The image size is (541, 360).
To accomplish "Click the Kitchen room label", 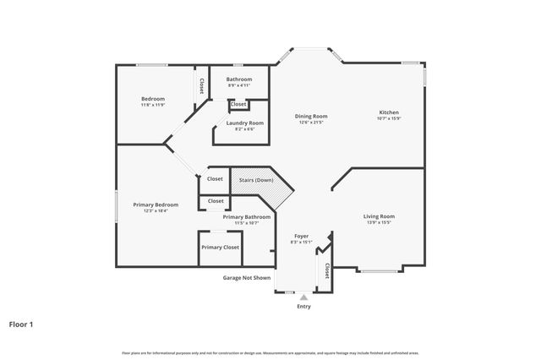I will pos(388,112).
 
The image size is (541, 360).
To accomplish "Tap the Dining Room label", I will pos(311,116).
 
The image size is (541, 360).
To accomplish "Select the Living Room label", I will pos(379,216).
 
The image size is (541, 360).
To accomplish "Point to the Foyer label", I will pos(301,236).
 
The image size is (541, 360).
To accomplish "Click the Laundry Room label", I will pos(245,123).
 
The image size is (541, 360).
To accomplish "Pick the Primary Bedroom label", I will pos(156,205).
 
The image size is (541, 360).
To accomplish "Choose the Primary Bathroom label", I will pos(247,217).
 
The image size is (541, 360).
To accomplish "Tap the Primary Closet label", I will pos(220,248).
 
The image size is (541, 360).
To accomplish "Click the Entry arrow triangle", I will pos(303,297).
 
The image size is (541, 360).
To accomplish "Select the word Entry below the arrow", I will pos(303,306).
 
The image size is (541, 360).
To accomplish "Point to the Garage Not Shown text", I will pos(247,277).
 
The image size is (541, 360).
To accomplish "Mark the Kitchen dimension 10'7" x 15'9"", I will pos(388,118).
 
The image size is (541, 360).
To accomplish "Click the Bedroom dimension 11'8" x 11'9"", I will pos(152,105).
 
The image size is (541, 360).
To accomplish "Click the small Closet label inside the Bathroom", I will pos(238,104).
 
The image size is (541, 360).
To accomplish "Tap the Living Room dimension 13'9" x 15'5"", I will pos(379,222).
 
